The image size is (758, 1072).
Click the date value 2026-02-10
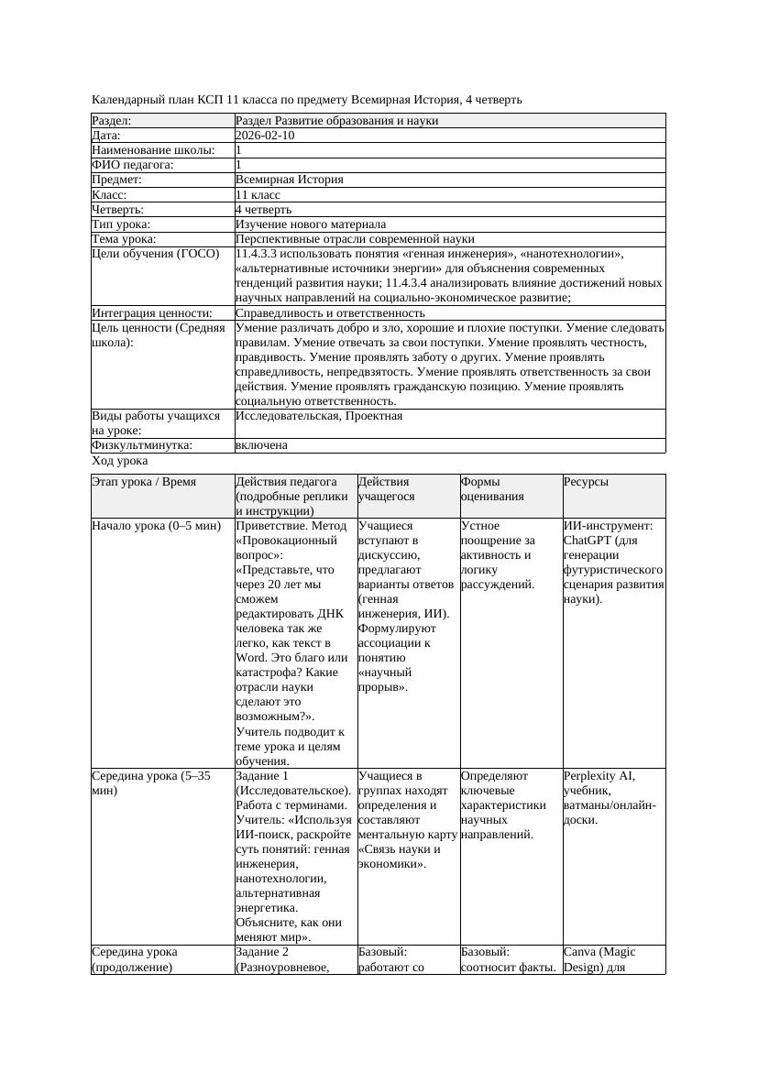pyautogui.click(x=265, y=136)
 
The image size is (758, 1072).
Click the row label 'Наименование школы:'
pyautogui.click(x=153, y=150)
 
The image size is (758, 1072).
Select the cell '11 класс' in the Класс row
pyautogui.click(x=258, y=195)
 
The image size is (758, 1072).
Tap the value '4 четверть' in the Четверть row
pyautogui.click(x=263, y=210)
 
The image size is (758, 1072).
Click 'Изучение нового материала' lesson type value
pyautogui.click(x=310, y=224)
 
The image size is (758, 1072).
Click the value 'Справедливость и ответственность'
pyautogui.click(x=330, y=313)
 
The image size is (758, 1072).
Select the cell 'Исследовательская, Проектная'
pyautogui.click(x=318, y=416)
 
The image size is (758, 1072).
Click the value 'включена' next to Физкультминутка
pyautogui.click(x=261, y=445)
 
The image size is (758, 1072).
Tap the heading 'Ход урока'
pyautogui.click(x=119, y=462)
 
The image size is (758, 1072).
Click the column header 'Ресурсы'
pyautogui.click(x=586, y=482)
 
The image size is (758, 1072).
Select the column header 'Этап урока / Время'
pyautogui.click(x=143, y=482)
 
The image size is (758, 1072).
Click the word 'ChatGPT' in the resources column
pyautogui.click(x=588, y=541)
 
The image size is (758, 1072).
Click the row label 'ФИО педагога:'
pyautogui.click(x=133, y=165)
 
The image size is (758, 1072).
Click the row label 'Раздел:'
pyautogui.click(x=112, y=121)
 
